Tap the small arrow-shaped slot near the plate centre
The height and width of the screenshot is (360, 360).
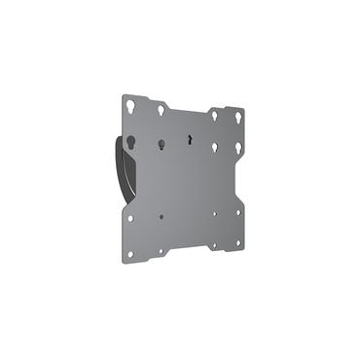tap(189, 138)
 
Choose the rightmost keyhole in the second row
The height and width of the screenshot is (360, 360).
tap(238, 147)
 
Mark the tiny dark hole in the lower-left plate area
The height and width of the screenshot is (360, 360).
tap(162, 217)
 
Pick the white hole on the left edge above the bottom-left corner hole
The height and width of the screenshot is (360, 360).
tap(130, 218)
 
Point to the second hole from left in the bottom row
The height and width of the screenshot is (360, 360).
tap(162, 250)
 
